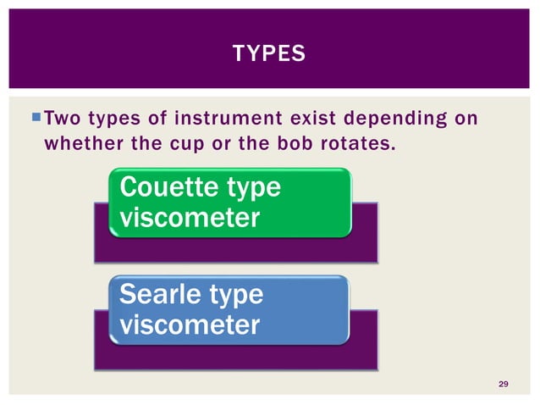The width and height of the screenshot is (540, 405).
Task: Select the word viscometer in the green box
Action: pos(190,219)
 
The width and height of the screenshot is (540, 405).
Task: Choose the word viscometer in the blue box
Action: pos(190,325)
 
